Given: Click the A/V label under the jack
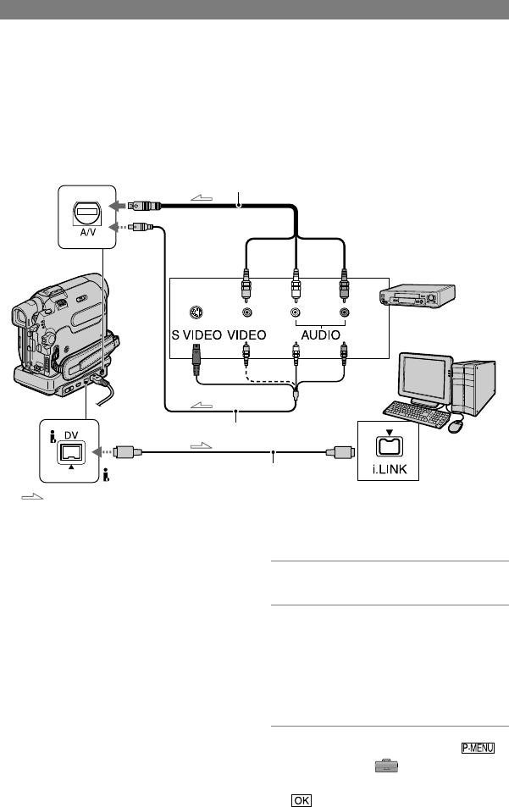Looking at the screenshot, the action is tap(88, 232).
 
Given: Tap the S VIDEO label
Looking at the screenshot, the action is tap(196, 335).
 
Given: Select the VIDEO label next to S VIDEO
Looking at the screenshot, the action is tap(247, 335).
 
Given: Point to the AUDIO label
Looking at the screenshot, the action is tap(321, 335).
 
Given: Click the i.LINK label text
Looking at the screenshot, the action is tap(389, 469).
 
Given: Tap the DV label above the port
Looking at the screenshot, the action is tap(71, 435).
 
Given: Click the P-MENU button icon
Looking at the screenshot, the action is tap(479, 748).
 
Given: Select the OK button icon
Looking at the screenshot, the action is tap(301, 800).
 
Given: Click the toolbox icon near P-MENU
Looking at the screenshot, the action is tap(386, 766).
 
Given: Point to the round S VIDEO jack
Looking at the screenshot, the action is tap(196, 312).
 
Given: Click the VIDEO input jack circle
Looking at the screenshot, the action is tap(247, 312).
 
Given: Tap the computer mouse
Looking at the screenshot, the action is tap(456, 425).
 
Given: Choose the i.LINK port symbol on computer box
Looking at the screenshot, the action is tap(390, 445).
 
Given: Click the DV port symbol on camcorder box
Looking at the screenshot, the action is tap(71, 452).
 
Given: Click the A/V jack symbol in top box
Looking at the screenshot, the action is tap(88, 213).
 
